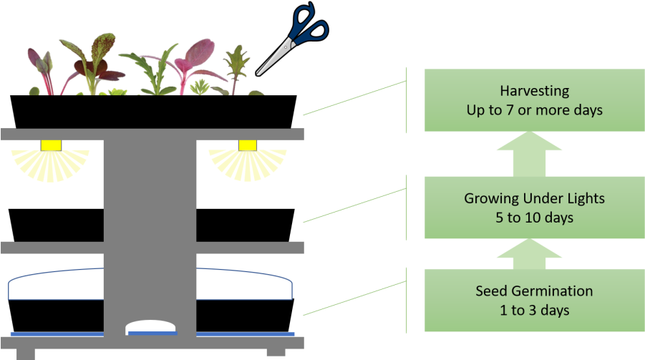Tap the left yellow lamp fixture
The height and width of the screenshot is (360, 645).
51,146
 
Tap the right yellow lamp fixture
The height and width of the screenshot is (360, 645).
247,146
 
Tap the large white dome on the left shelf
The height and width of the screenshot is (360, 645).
57,285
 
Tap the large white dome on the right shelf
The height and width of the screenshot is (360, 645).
243,285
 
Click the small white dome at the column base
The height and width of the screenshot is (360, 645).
151,327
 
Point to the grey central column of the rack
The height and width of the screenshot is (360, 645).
150,215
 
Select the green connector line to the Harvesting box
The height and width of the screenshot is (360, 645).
354,98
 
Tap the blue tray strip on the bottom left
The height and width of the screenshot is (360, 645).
57,334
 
